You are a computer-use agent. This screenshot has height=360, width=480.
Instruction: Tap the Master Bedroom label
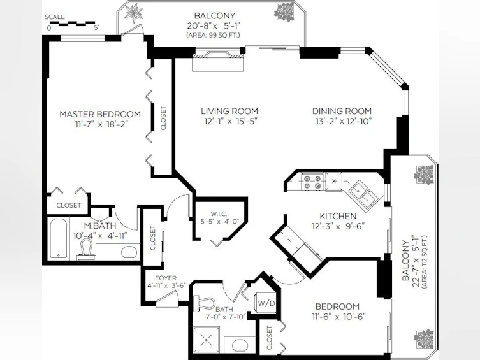(100, 114)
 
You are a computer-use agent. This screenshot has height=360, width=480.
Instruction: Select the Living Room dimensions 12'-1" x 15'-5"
(231, 121)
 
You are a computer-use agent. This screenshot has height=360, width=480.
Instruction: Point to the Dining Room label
(342, 111)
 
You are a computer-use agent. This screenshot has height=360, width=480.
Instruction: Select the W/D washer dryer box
(266, 303)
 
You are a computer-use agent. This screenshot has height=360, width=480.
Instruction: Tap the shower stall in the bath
(207, 339)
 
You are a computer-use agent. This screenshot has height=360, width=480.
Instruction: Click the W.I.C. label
(219, 214)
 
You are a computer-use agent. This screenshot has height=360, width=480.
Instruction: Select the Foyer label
(166, 278)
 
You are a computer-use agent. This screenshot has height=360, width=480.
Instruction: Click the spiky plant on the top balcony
(134, 13)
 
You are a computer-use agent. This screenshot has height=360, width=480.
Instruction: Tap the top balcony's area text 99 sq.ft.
(213, 35)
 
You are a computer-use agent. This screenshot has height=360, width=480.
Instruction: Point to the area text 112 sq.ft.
(425, 261)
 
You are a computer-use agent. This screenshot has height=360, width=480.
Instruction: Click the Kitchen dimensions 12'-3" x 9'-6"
(338, 226)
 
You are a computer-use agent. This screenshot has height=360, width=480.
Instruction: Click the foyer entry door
(166, 299)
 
